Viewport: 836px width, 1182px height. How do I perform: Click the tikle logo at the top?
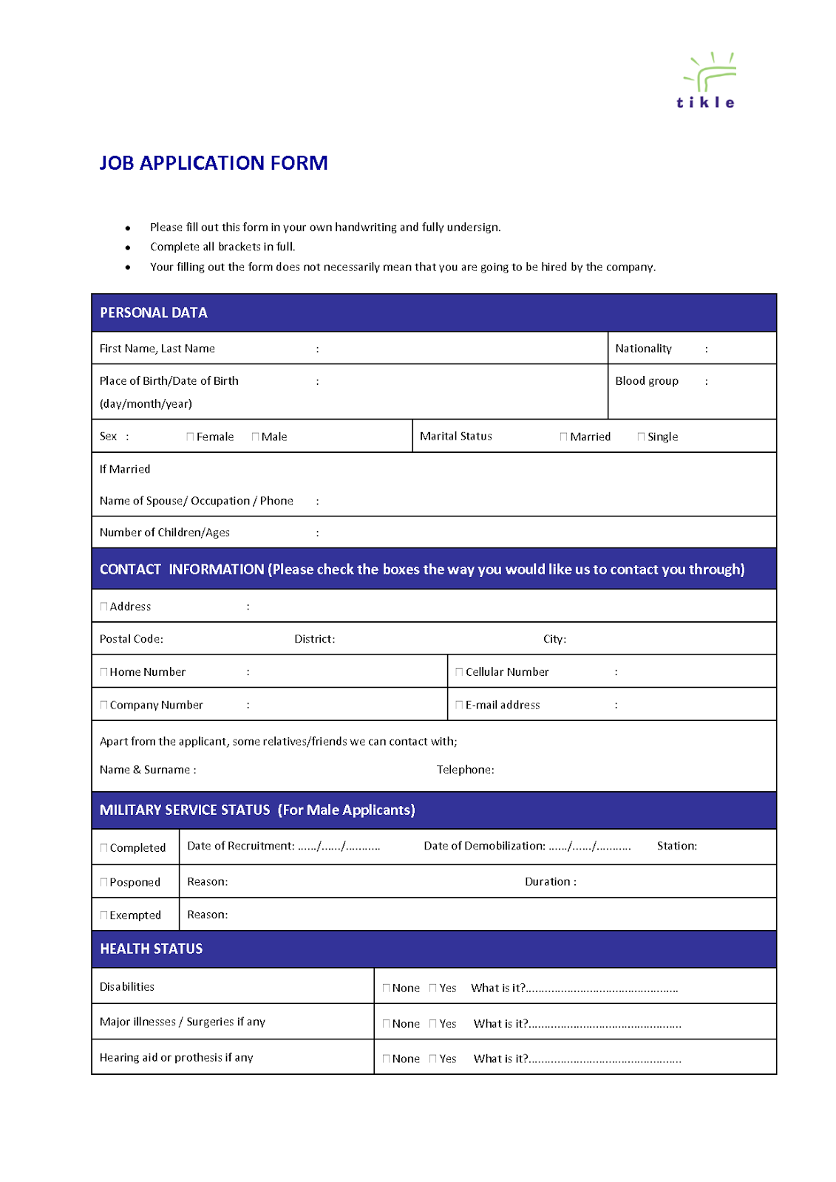click(707, 81)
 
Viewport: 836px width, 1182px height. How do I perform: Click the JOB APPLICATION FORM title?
click(214, 163)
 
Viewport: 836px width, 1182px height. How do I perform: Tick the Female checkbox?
click(191, 437)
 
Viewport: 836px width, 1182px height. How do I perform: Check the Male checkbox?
click(256, 437)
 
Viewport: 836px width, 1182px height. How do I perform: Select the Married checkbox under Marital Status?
click(564, 437)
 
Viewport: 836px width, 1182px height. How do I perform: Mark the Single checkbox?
click(642, 437)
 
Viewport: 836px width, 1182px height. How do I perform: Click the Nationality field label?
click(643, 349)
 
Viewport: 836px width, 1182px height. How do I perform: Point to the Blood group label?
click(646, 381)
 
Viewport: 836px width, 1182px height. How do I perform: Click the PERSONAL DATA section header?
click(154, 312)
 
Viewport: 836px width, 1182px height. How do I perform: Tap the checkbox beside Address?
click(104, 607)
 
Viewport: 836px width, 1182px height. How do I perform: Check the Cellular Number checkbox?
click(460, 672)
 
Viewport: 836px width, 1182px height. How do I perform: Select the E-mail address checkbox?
click(460, 706)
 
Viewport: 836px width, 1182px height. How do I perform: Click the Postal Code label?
click(132, 639)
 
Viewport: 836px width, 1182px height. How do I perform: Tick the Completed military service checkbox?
click(104, 848)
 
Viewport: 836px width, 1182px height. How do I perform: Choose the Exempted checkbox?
click(104, 915)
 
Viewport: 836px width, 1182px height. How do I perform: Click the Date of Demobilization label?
click(484, 846)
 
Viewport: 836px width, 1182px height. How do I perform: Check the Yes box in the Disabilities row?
click(433, 988)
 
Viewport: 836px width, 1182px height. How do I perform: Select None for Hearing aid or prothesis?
click(387, 1059)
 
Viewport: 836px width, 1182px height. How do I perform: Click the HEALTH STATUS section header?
click(152, 949)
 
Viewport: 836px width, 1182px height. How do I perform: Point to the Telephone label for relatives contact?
click(465, 770)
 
